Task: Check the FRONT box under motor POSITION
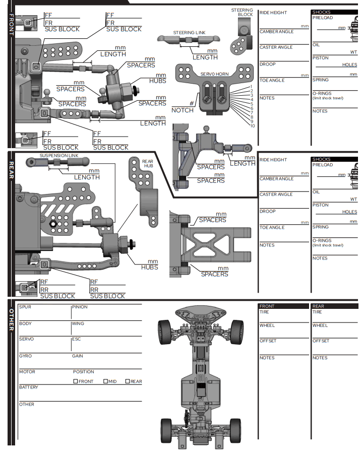pyautogui.click(x=76, y=381)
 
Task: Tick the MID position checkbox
pyautogui.click(x=106, y=381)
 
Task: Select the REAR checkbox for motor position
pyautogui.click(x=128, y=381)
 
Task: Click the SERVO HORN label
pyautogui.click(x=214, y=74)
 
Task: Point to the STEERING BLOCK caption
pyautogui.click(x=242, y=13)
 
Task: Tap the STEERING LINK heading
pyautogui.click(x=189, y=33)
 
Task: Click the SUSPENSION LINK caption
pyautogui.click(x=59, y=156)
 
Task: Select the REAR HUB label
pyautogui.click(x=147, y=164)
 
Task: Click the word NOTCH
pyautogui.click(x=182, y=110)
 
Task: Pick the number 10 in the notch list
pyautogui.click(x=252, y=126)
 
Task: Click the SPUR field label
pyautogui.click(x=25, y=307)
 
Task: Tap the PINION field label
pyautogui.click(x=80, y=307)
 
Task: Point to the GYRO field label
pyautogui.click(x=25, y=356)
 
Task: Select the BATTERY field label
pyautogui.click(x=29, y=387)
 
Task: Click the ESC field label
pyautogui.click(x=76, y=339)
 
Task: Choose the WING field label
pyautogui.click(x=78, y=323)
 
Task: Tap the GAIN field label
pyautogui.click(x=78, y=356)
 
